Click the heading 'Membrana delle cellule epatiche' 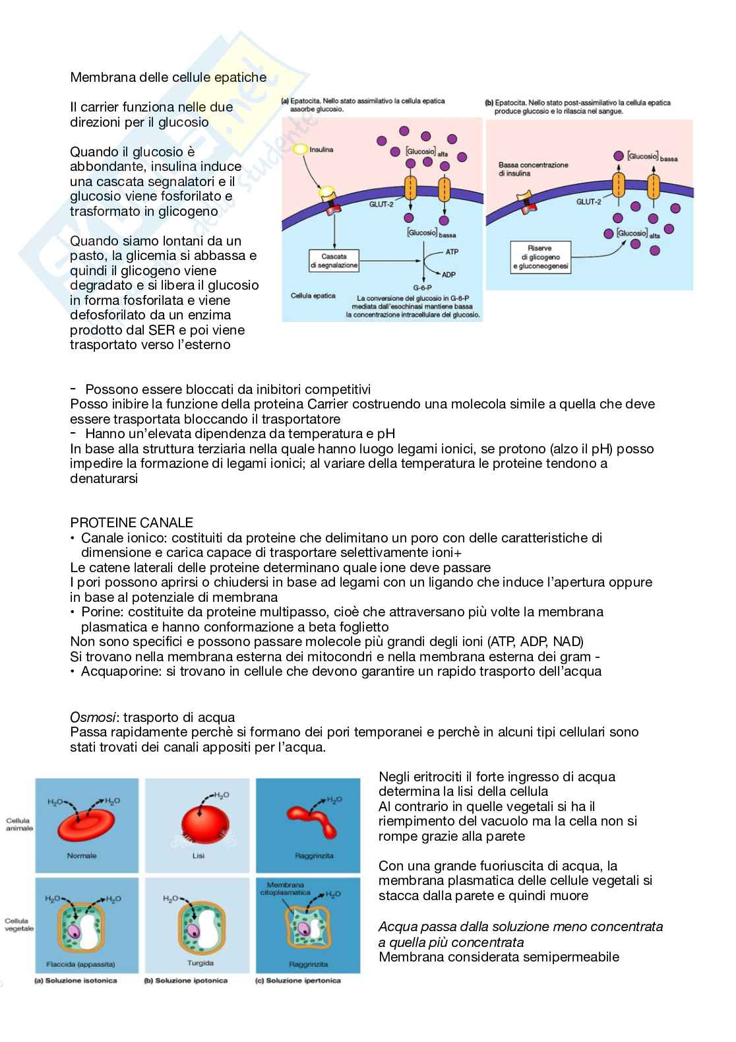pos(168,77)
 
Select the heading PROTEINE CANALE pos(131,523)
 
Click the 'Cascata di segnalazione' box pos(334,261)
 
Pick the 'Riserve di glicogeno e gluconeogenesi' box pos(540,257)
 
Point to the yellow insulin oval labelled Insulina pos(301,150)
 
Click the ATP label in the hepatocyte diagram pos(452,252)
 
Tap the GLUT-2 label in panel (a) pos(381,205)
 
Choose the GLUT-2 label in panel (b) pos(588,202)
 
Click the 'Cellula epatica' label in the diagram pos(313,296)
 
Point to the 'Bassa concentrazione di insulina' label pos(533,169)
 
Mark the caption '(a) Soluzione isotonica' pos(76,980)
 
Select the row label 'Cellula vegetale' pos(19,925)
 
